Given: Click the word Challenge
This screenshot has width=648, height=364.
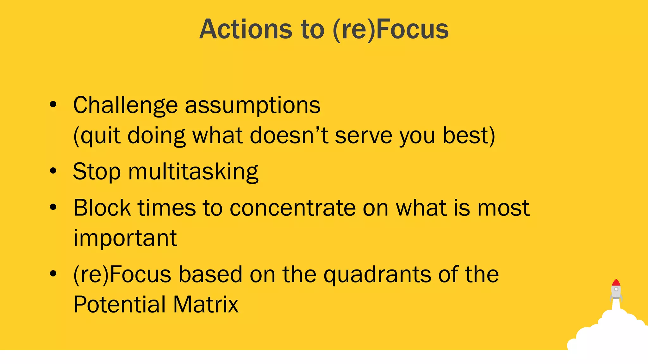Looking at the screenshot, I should [x=125, y=105].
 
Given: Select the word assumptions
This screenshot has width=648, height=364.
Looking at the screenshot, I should [x=252, y=106].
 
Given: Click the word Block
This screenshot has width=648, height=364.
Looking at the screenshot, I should [x=102, y=208].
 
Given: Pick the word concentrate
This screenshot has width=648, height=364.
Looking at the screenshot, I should [x=292, y=209].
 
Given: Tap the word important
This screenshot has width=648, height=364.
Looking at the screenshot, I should [x=125, y=238].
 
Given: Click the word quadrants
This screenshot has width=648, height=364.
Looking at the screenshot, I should [x=377, y=275].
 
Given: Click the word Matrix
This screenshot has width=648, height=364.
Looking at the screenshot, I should [x=205, y=305].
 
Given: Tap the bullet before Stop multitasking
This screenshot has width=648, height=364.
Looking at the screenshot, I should [x=53, y=171].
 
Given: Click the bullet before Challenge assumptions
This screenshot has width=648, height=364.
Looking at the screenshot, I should [x=53, y=104].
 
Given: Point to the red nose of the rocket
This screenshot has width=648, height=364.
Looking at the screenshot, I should [x=616, y=282].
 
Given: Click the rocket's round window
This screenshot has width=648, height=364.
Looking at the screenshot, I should [x=616, y=289].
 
